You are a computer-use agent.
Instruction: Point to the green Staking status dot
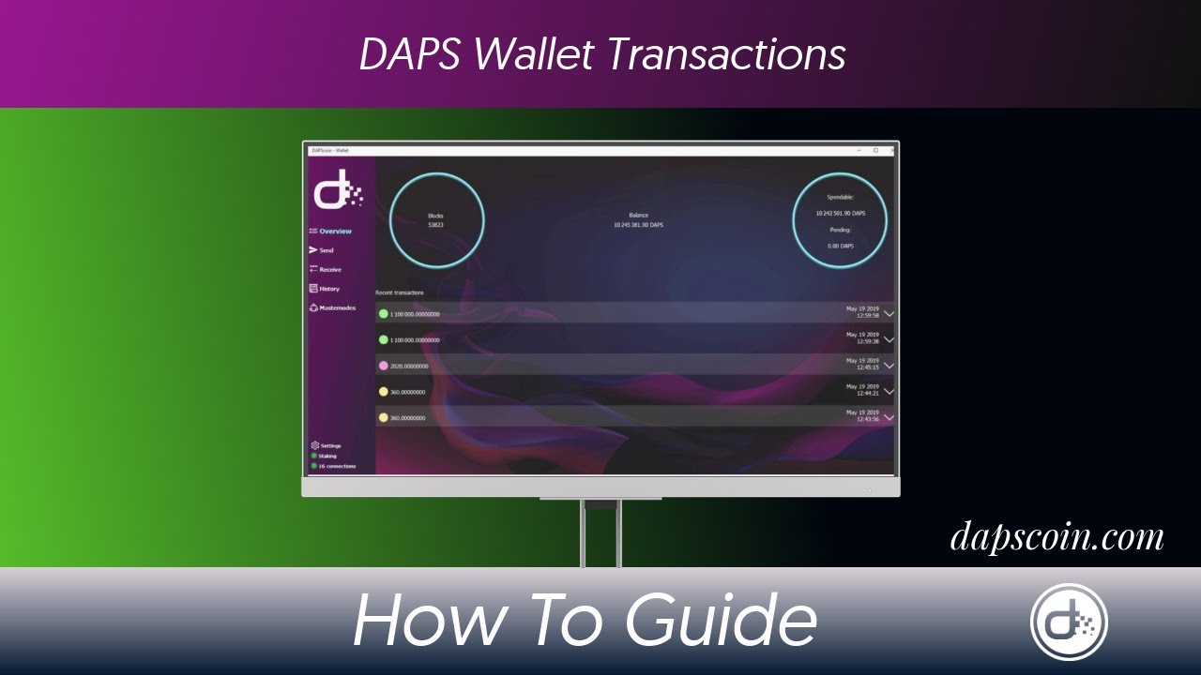pyautogui.click(x=314, y=456)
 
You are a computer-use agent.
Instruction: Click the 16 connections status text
pyautogui.click(x=337, y=466)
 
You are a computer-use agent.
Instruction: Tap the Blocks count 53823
pyautogui.click(x=435, y=226)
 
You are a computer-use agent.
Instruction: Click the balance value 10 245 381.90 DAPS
pyautogui.click(x=638, y=225)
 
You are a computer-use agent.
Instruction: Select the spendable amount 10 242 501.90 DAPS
pyautogui.click(x=840, y=214)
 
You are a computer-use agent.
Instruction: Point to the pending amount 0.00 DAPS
pyautogui.click(x=840, y=246)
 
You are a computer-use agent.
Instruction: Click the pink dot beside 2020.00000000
pyautogui.click(x=383, y=366)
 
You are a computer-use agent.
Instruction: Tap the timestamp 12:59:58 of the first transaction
pyautogui.click(x=868, y=316)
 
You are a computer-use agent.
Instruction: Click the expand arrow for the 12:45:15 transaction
pyautogui.click(x=889, y=366)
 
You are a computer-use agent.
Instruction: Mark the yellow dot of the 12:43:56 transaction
pyautogui.click(x=383, y=417)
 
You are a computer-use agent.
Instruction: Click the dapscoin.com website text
pyautogui.click(x=1057, y=537)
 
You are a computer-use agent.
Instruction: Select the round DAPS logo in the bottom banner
pyautogui.click(x=1069, y=622)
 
